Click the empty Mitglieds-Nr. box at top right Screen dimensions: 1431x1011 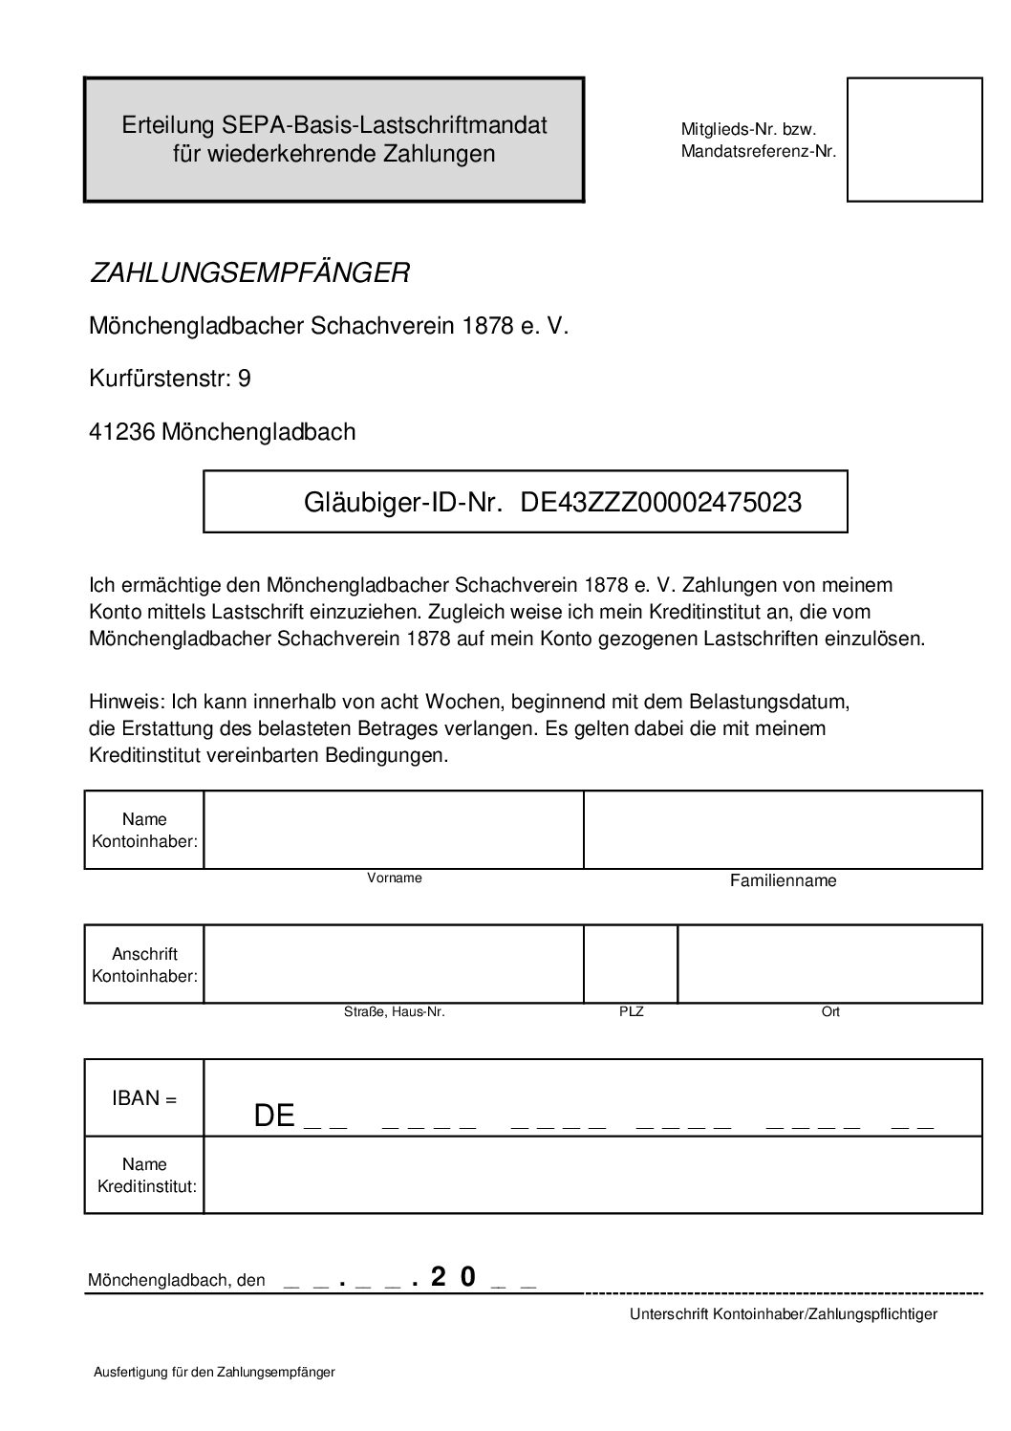click(914, 140)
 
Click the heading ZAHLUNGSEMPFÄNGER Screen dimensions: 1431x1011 click(249, 273)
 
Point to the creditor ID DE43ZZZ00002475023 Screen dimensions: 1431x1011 click(660, 502)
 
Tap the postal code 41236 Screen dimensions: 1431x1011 click(122, 432)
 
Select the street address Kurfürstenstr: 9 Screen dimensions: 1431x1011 click(170, 379)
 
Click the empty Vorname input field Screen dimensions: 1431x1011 click(394, 830)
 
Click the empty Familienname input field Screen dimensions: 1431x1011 click(783, 830)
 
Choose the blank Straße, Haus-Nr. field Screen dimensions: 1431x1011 click(394, 964)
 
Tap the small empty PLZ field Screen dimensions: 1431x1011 click(631, 964)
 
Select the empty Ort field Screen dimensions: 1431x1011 click(829, 964)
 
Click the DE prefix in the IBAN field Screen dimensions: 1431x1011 click(274, 1116)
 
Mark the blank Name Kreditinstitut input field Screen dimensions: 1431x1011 click(592, 1175)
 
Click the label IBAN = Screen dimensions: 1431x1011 click(144, 1098)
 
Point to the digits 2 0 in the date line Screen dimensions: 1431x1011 click(453, 1277)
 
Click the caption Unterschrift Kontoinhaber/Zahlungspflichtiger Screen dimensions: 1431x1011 click(784, 1314)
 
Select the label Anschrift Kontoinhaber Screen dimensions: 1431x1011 click(144, 965)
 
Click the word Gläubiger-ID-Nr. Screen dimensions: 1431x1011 click(403, 502)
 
